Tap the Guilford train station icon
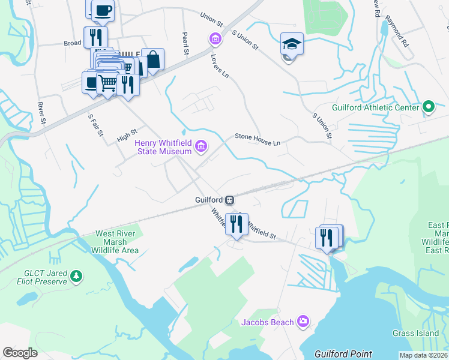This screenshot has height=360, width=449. pyautogui.click(x=229, y=200)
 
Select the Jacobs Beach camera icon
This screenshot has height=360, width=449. pyautogui.click(x=303, y=322)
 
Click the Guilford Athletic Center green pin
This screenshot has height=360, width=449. pyautogui.click(x=428, y=107)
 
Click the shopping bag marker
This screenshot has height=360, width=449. pyautogui.click(x=153, y=60)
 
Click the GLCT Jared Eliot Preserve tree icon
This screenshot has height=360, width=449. pyautogui.click(x=76, y=276)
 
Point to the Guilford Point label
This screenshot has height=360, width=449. pyautogui.click(x=344, y=354)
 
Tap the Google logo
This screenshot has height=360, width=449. pyautogui.click(x=20, y=353)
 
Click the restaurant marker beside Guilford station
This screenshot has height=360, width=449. pyautogui.click(x=237, y=224)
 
